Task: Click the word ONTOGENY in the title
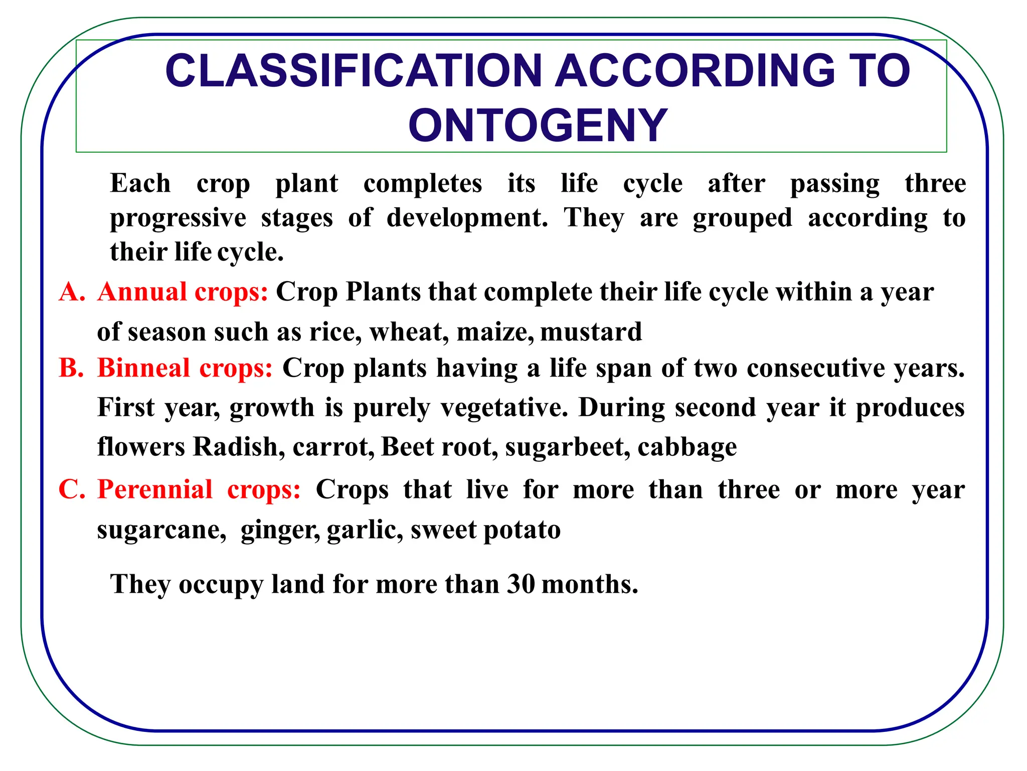538,125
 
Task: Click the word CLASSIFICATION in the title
354,71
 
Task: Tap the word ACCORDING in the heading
695,71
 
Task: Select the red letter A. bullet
72,292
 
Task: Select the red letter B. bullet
71,367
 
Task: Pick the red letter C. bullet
72,489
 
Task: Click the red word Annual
142,292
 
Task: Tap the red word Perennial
155,489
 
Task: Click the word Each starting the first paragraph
140,183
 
